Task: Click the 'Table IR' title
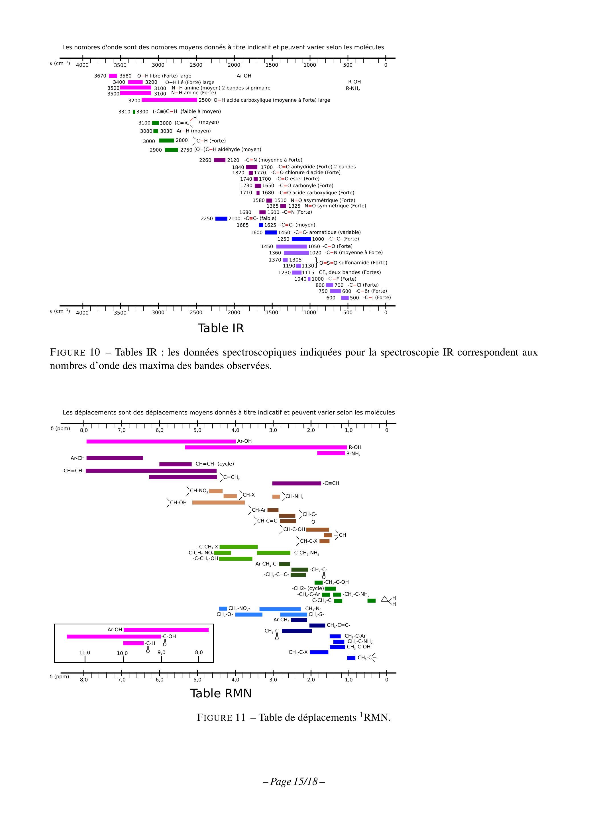(x=221, y=328)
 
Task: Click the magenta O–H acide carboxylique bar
(x=169, y=100)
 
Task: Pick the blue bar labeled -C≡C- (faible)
(x=221, y=219)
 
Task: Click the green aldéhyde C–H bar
(x=171, y=150)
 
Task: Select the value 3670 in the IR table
(x=100, y=76)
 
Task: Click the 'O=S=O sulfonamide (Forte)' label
(x=353, y=263)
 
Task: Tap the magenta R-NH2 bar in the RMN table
(x=331, y=453)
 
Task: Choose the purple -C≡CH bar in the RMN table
(x=297, y=483)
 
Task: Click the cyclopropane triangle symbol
(x=385, y=599)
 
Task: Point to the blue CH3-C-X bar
(x=319, y=652)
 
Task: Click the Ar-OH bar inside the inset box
(x=166, y=630)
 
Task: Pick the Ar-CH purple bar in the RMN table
(x=115, y=458)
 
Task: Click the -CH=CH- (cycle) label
(x=214, y=464)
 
